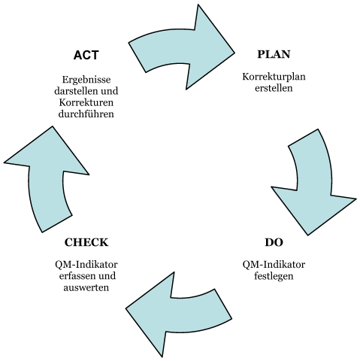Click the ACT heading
(86, 55)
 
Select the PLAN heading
(274, 54)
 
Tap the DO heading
(274, 242)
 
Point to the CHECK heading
(86, 242)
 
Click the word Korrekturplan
(274, 77)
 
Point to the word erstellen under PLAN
(274, 88)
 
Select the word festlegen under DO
(274, 276)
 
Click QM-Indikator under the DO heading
(274, 265)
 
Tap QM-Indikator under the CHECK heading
(86, 265)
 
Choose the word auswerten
(86, 287)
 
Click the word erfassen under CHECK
(75, 276)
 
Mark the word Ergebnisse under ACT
(86, 80)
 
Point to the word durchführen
(86, 114)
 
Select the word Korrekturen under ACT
(86, 102)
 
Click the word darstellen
(76, 91)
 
